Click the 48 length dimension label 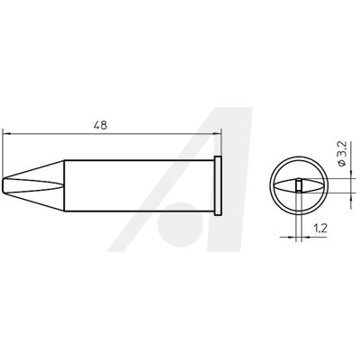[100, 125]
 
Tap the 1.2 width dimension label [320, 229]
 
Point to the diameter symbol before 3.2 [343, 163]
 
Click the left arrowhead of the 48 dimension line [6, 133]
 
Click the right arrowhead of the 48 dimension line [217, 133]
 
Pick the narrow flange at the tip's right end [218, 186]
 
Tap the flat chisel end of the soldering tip [4, 186]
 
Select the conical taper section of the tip [34, 186]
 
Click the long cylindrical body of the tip [139, 186]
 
